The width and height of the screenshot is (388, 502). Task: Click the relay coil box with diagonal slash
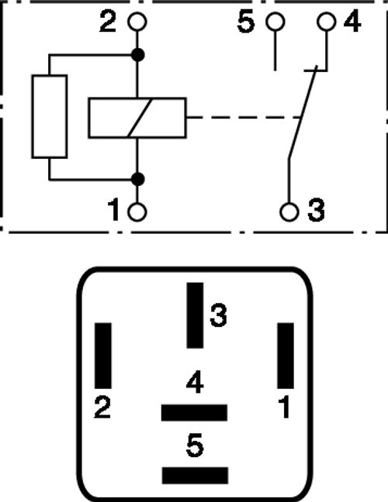(137, 98)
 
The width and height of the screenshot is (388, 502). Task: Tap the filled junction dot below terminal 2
(138, 55)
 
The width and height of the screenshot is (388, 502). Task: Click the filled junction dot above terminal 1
(138, 179)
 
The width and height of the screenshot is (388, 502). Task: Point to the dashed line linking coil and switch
(244, 118)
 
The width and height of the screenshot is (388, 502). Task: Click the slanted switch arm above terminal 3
(303, 112)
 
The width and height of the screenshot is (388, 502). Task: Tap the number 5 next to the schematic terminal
(246, 22)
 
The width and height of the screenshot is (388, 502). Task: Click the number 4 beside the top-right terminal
(352, 22)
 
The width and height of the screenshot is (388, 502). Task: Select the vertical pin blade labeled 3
(195, 315)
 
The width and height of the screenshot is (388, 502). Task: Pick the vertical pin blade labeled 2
(103, 356)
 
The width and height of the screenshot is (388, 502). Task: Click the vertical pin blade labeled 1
(286, 356)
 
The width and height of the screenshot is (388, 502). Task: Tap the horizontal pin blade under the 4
(194, 413)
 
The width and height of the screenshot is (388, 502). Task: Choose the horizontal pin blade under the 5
(196, 476)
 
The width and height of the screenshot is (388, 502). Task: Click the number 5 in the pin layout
(195, 445)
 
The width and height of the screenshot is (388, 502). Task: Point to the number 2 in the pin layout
(102, 407)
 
